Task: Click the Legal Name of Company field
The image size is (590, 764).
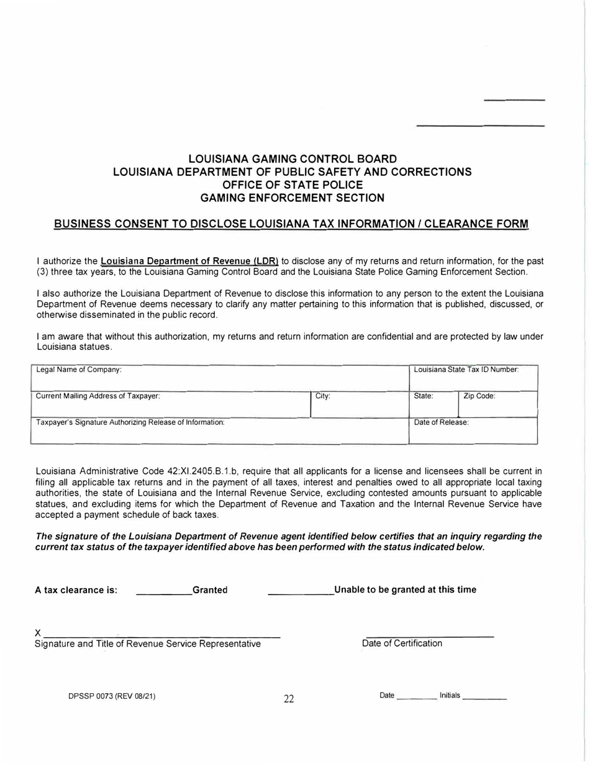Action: [x=219, y=378]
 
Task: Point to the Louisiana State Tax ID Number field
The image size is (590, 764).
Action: [x=473, y=378]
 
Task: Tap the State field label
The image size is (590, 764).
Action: [x=424, y=396]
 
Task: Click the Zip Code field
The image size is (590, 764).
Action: [x=497, y=404]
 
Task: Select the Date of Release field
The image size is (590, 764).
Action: [x=473, y=430]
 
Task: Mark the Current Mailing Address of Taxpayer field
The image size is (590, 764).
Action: [x=171, y=404]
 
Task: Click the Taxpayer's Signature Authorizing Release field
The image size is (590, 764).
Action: [x=219, y=430]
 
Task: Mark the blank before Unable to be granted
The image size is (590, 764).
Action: [x=301, y=593]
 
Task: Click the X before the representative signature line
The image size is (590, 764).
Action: [x=38, y=632]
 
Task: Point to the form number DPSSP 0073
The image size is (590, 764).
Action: [x=112, y=696]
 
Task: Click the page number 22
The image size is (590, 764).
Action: [x=289, y=699]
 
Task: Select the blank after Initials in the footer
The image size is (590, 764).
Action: [x=485, y=698]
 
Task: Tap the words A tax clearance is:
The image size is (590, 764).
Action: [x=76, y=590]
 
